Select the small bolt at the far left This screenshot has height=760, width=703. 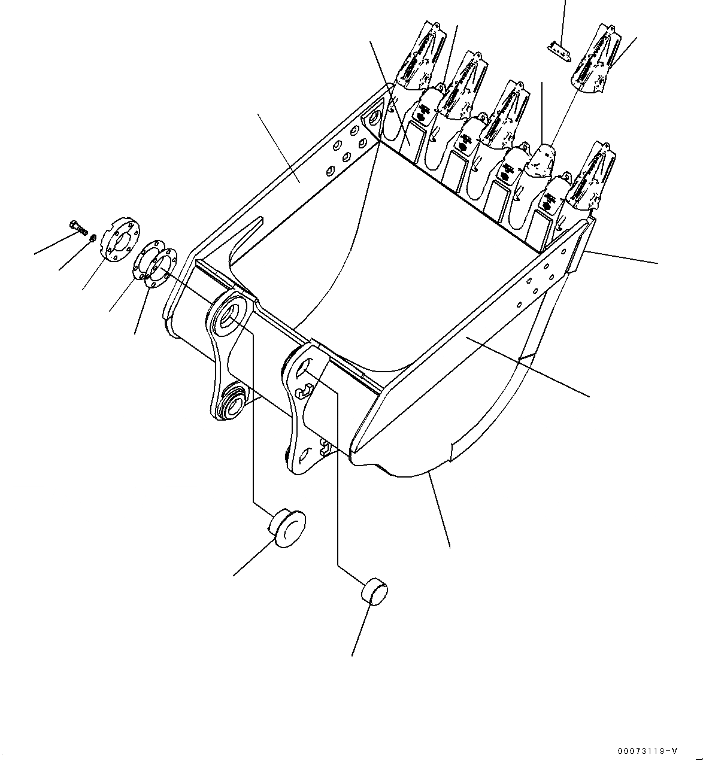pos(78,227)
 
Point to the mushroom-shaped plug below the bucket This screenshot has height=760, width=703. pos(286,525)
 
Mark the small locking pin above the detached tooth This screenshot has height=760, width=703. pos(558,51)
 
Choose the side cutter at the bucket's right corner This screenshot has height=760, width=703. pos(578,251)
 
